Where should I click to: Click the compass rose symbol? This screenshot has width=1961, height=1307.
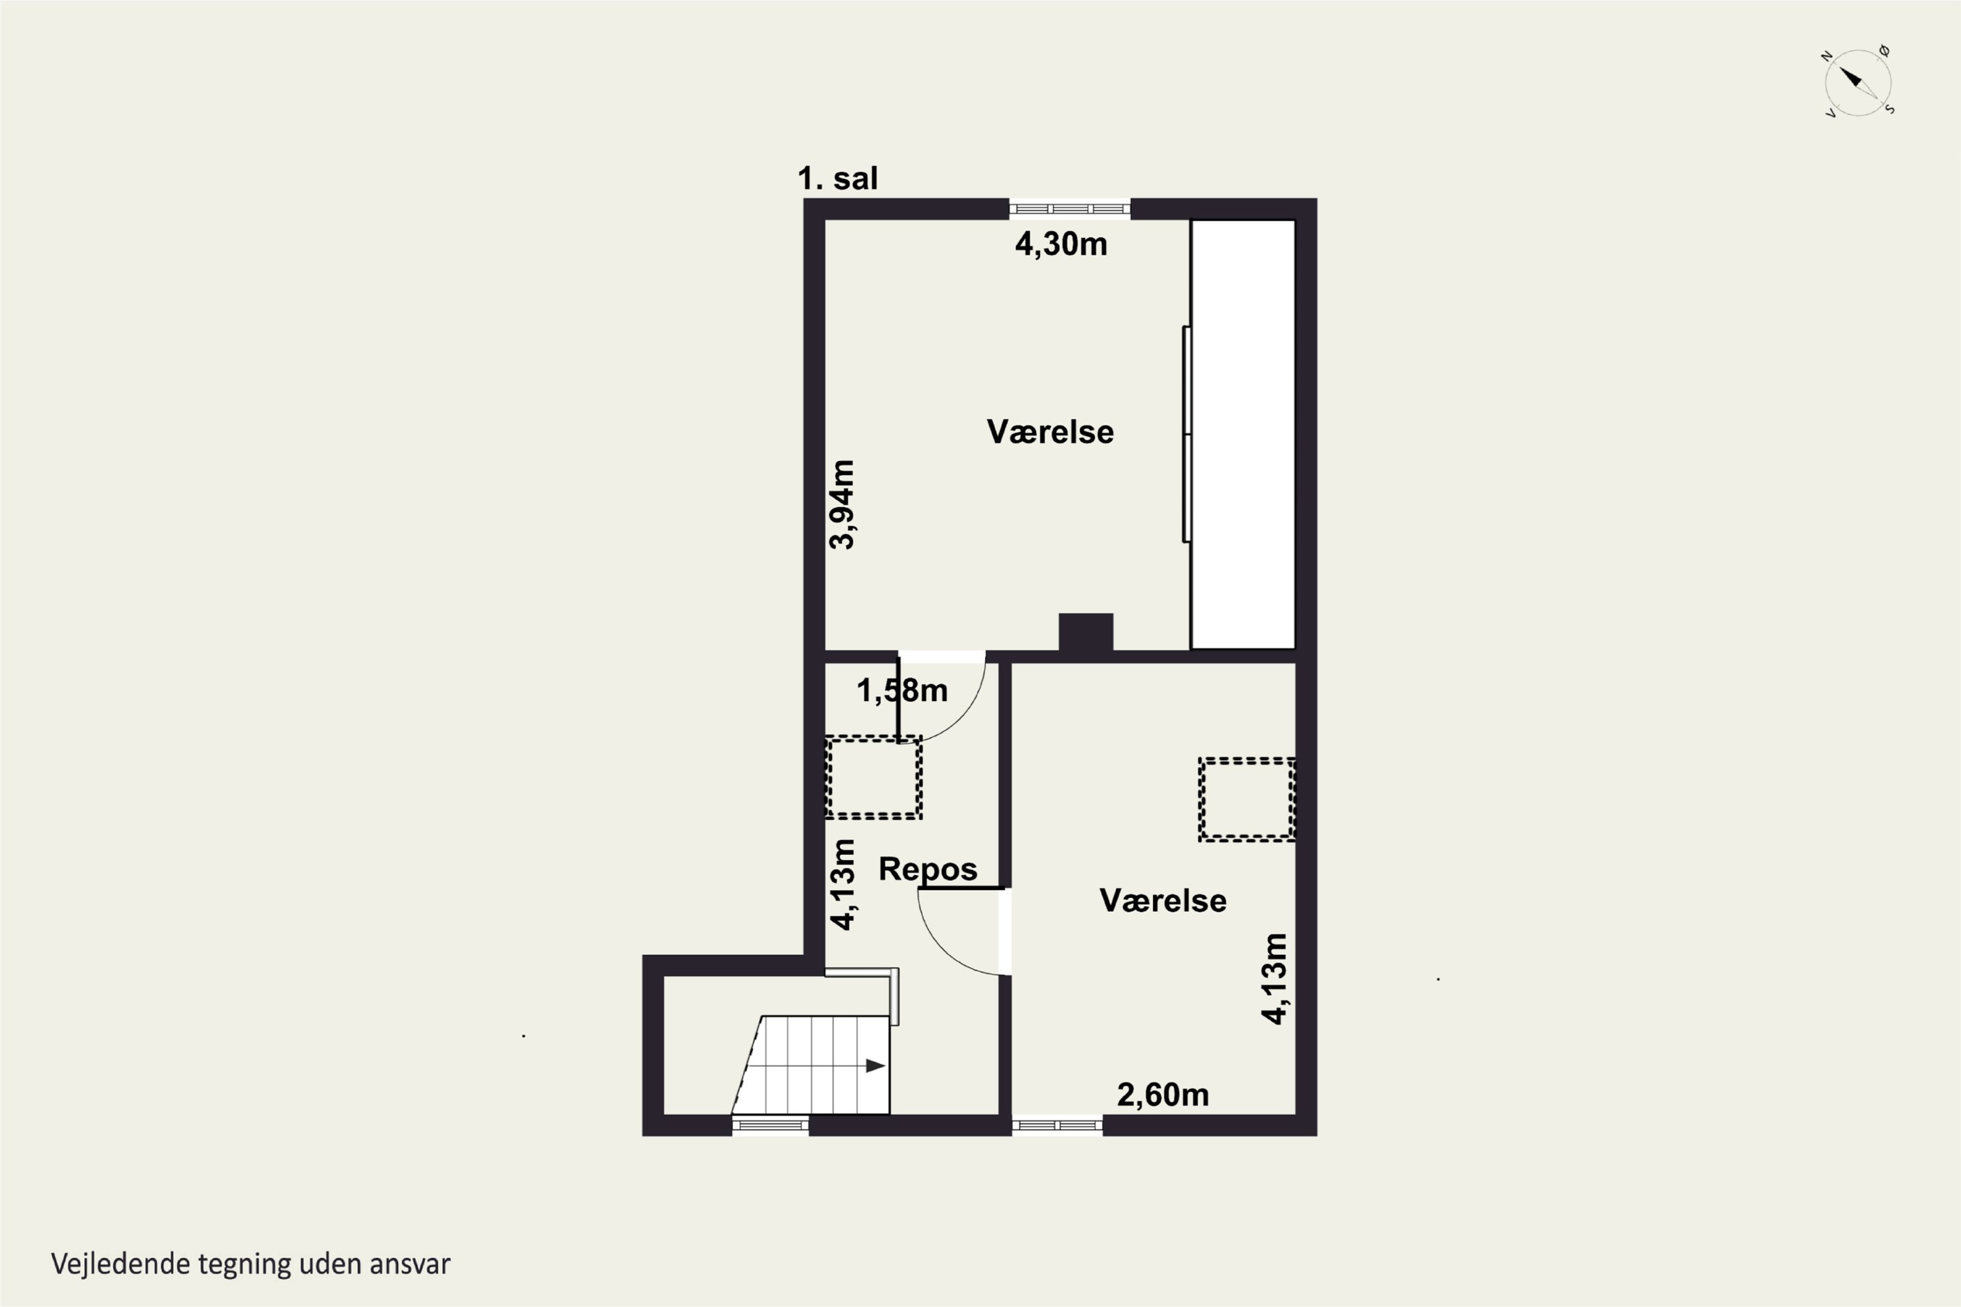(x=1857, y=82)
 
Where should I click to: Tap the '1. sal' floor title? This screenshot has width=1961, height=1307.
(x=837, y=178)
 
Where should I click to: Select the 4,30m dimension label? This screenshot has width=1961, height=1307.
(x=1060, y=244)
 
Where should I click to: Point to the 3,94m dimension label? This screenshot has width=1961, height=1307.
(x=842, y=505)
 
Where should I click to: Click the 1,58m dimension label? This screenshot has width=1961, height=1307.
(x=902, y=690)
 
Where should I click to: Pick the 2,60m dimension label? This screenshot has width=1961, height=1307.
(x=1162, y=1095)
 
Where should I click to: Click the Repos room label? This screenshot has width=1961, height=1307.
(x=927, y=869)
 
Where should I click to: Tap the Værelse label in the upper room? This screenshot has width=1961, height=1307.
(x=1050, y=432)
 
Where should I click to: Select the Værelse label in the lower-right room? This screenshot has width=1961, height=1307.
(x=1162, y=901)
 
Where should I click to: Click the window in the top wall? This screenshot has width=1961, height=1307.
(x=1069, y=209)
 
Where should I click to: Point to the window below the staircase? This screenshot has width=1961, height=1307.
(x=771, y=1125)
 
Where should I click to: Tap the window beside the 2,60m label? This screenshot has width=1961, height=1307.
(x=1057, y=1125)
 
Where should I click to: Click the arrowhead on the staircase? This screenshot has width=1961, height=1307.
(x=875, y=1065)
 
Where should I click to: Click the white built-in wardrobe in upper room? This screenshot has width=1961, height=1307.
(x=1243, y=435)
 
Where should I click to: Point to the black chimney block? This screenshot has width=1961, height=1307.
(x=1086, y=633)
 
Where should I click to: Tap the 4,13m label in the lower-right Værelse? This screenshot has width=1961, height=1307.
(x=1274, y=978)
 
